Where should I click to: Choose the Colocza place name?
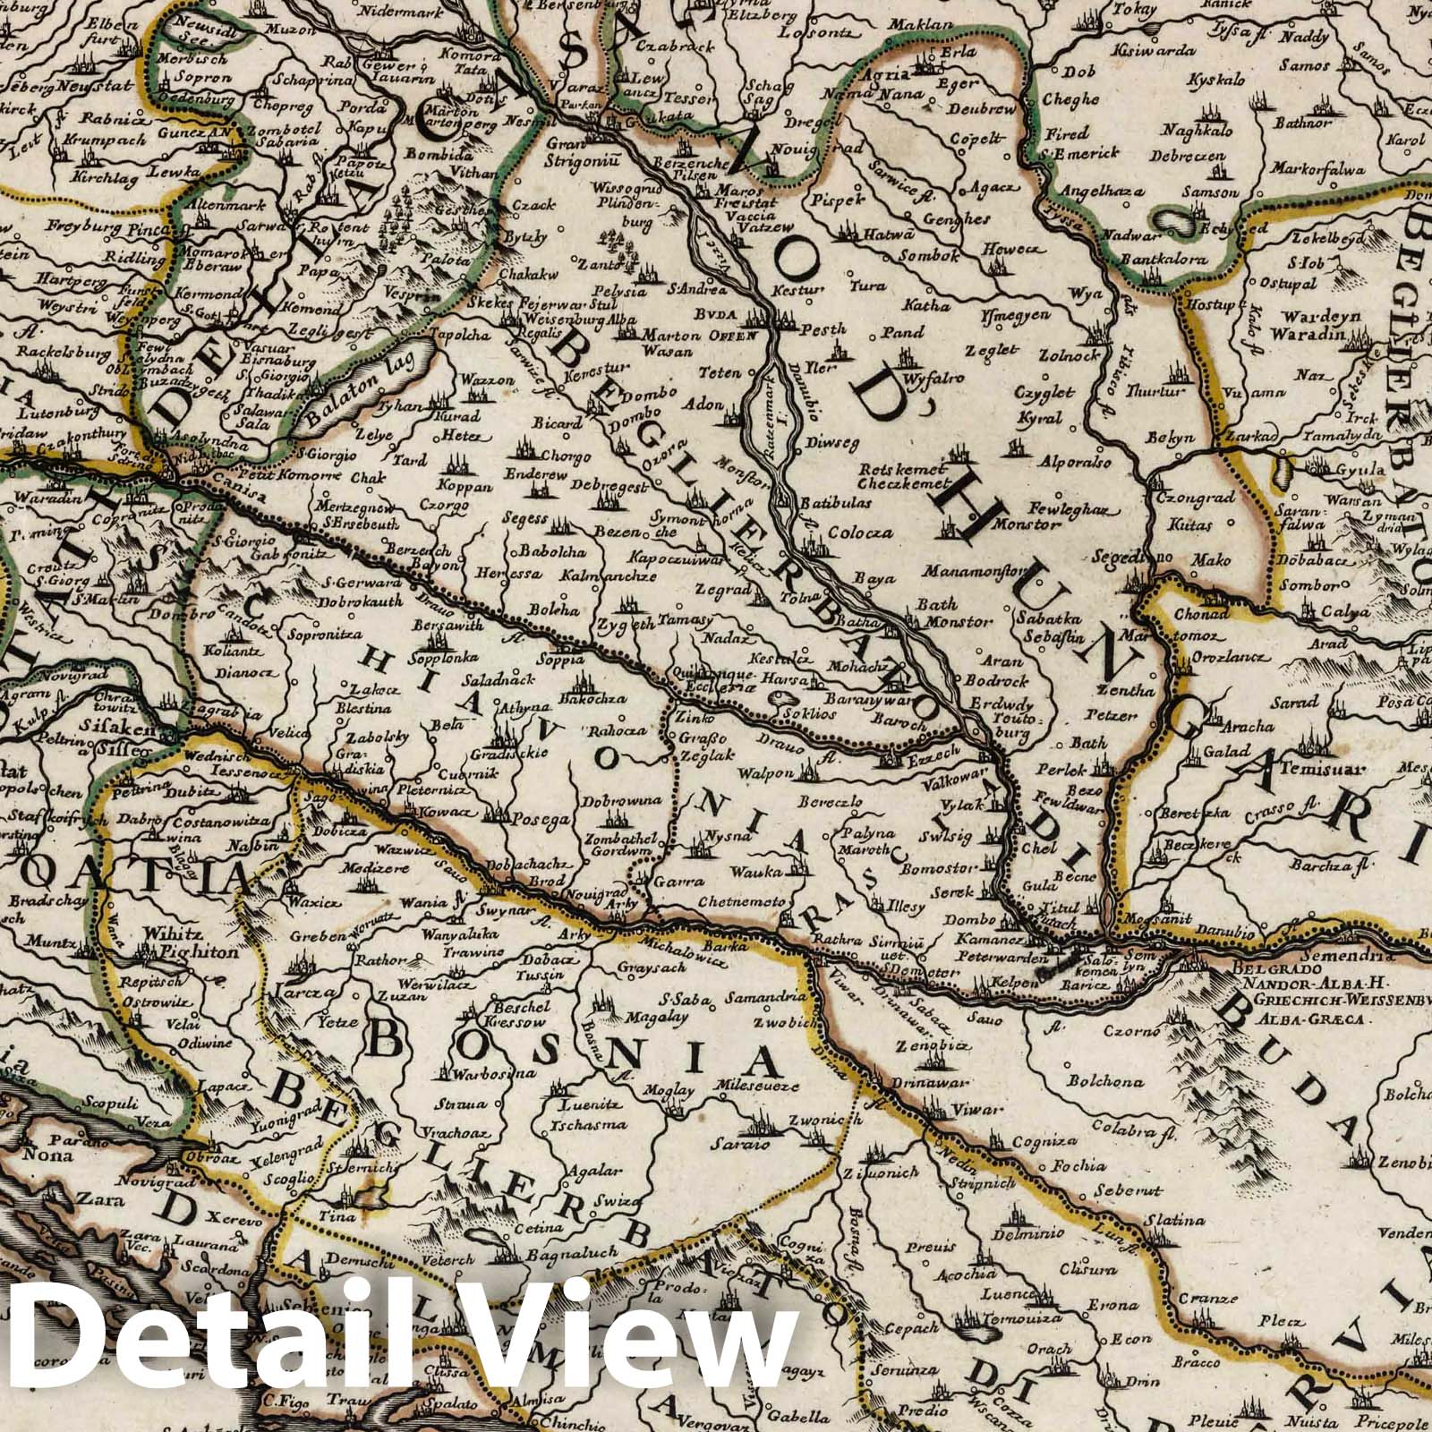(x=860, y=533)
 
